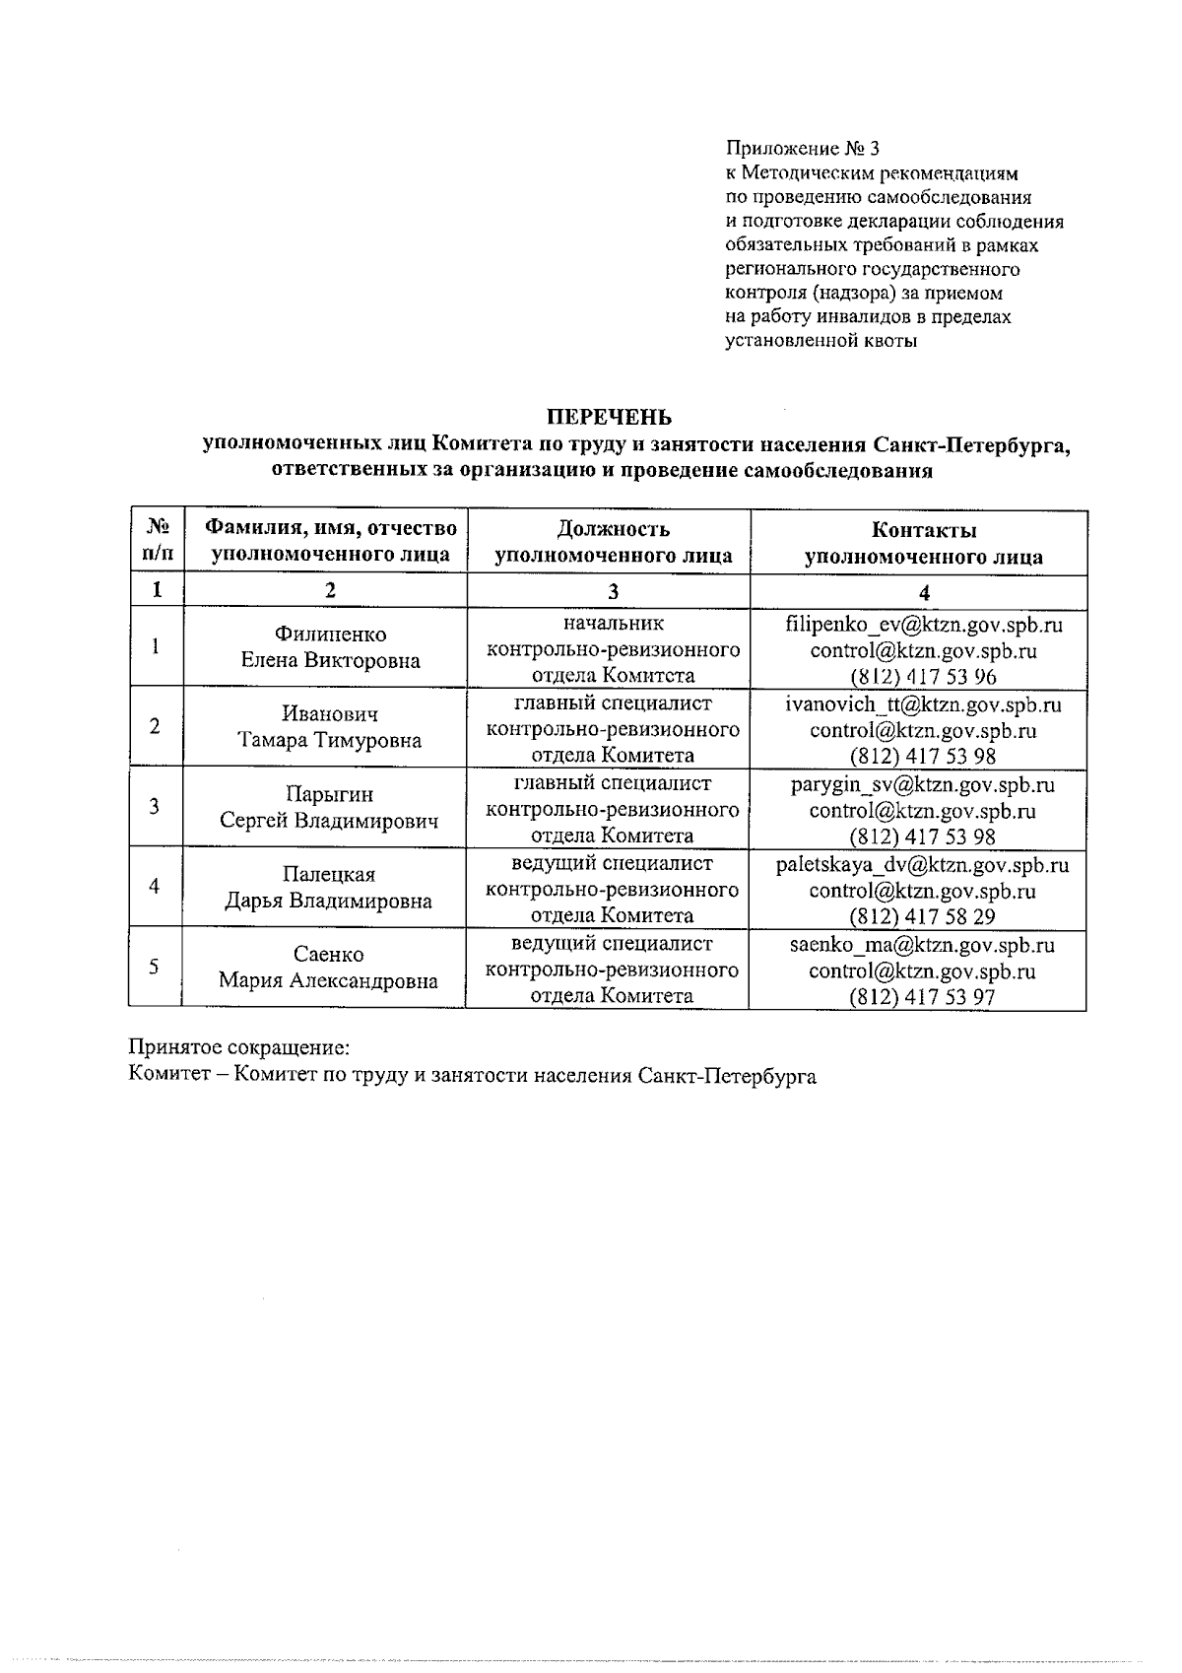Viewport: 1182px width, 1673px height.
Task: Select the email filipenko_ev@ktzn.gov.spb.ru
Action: coord(923,625)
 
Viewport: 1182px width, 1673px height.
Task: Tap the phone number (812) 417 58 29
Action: coord(923,916)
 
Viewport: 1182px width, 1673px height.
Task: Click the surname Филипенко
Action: coord(331,635)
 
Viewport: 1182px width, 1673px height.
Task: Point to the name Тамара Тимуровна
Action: coord(330,741)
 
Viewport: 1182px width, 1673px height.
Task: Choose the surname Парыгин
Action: coord(330,794)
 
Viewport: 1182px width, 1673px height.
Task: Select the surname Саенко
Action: coord(329,954)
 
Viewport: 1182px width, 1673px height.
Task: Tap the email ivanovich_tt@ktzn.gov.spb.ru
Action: coord(923,704)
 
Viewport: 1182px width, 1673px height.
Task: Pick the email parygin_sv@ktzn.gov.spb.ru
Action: coord(923,784)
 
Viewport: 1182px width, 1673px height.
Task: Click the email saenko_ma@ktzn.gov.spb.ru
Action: coord(923,945)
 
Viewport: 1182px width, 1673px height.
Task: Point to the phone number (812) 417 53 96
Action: coord(923,677)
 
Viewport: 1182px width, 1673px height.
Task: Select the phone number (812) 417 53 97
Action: coord(923,997)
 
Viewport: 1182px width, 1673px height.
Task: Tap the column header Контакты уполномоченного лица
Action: coord(923,544)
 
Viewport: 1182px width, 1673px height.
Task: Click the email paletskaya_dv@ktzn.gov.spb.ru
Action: coord(923,865)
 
